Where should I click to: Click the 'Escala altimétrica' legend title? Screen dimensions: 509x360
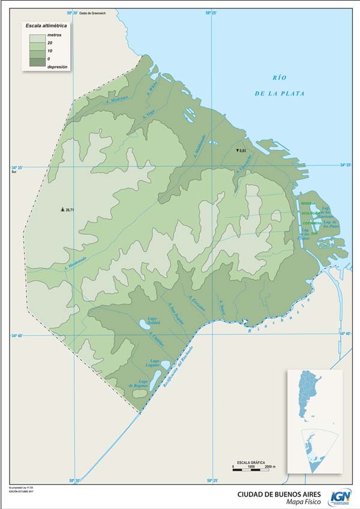pos(46,27)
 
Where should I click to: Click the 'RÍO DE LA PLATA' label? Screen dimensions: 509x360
pos(280,85)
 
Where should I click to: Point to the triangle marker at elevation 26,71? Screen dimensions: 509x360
pos(63,209)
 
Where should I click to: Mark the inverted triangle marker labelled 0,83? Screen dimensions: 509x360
pos(238,150)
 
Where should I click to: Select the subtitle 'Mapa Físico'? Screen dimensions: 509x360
pos(303,502)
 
